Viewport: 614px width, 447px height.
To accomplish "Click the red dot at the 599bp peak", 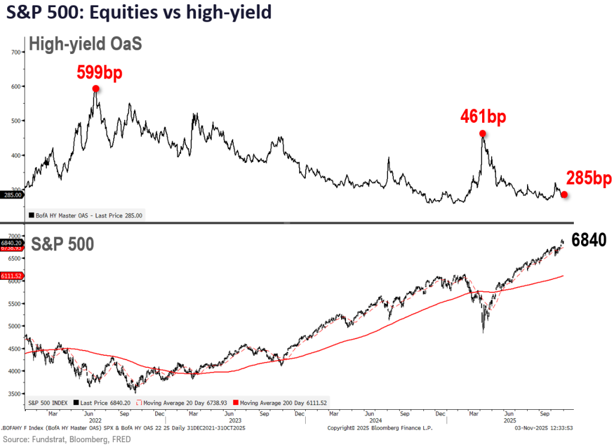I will pos(96,89).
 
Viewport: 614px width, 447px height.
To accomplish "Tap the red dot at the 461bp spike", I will pos(482,134).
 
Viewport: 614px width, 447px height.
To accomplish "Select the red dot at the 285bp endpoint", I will pos(564,194).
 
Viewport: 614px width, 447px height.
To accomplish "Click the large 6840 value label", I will pos(589,240).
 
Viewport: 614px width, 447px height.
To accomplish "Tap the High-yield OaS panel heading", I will pos(85,44).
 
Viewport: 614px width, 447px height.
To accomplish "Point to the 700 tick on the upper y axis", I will pos(16,52).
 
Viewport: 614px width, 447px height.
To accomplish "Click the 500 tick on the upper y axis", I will pos(16,120).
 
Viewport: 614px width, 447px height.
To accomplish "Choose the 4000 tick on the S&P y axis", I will pos(15,371).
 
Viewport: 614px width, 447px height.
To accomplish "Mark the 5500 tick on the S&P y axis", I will pos(15,304).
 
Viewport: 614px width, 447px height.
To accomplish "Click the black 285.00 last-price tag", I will pos(13,195).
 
